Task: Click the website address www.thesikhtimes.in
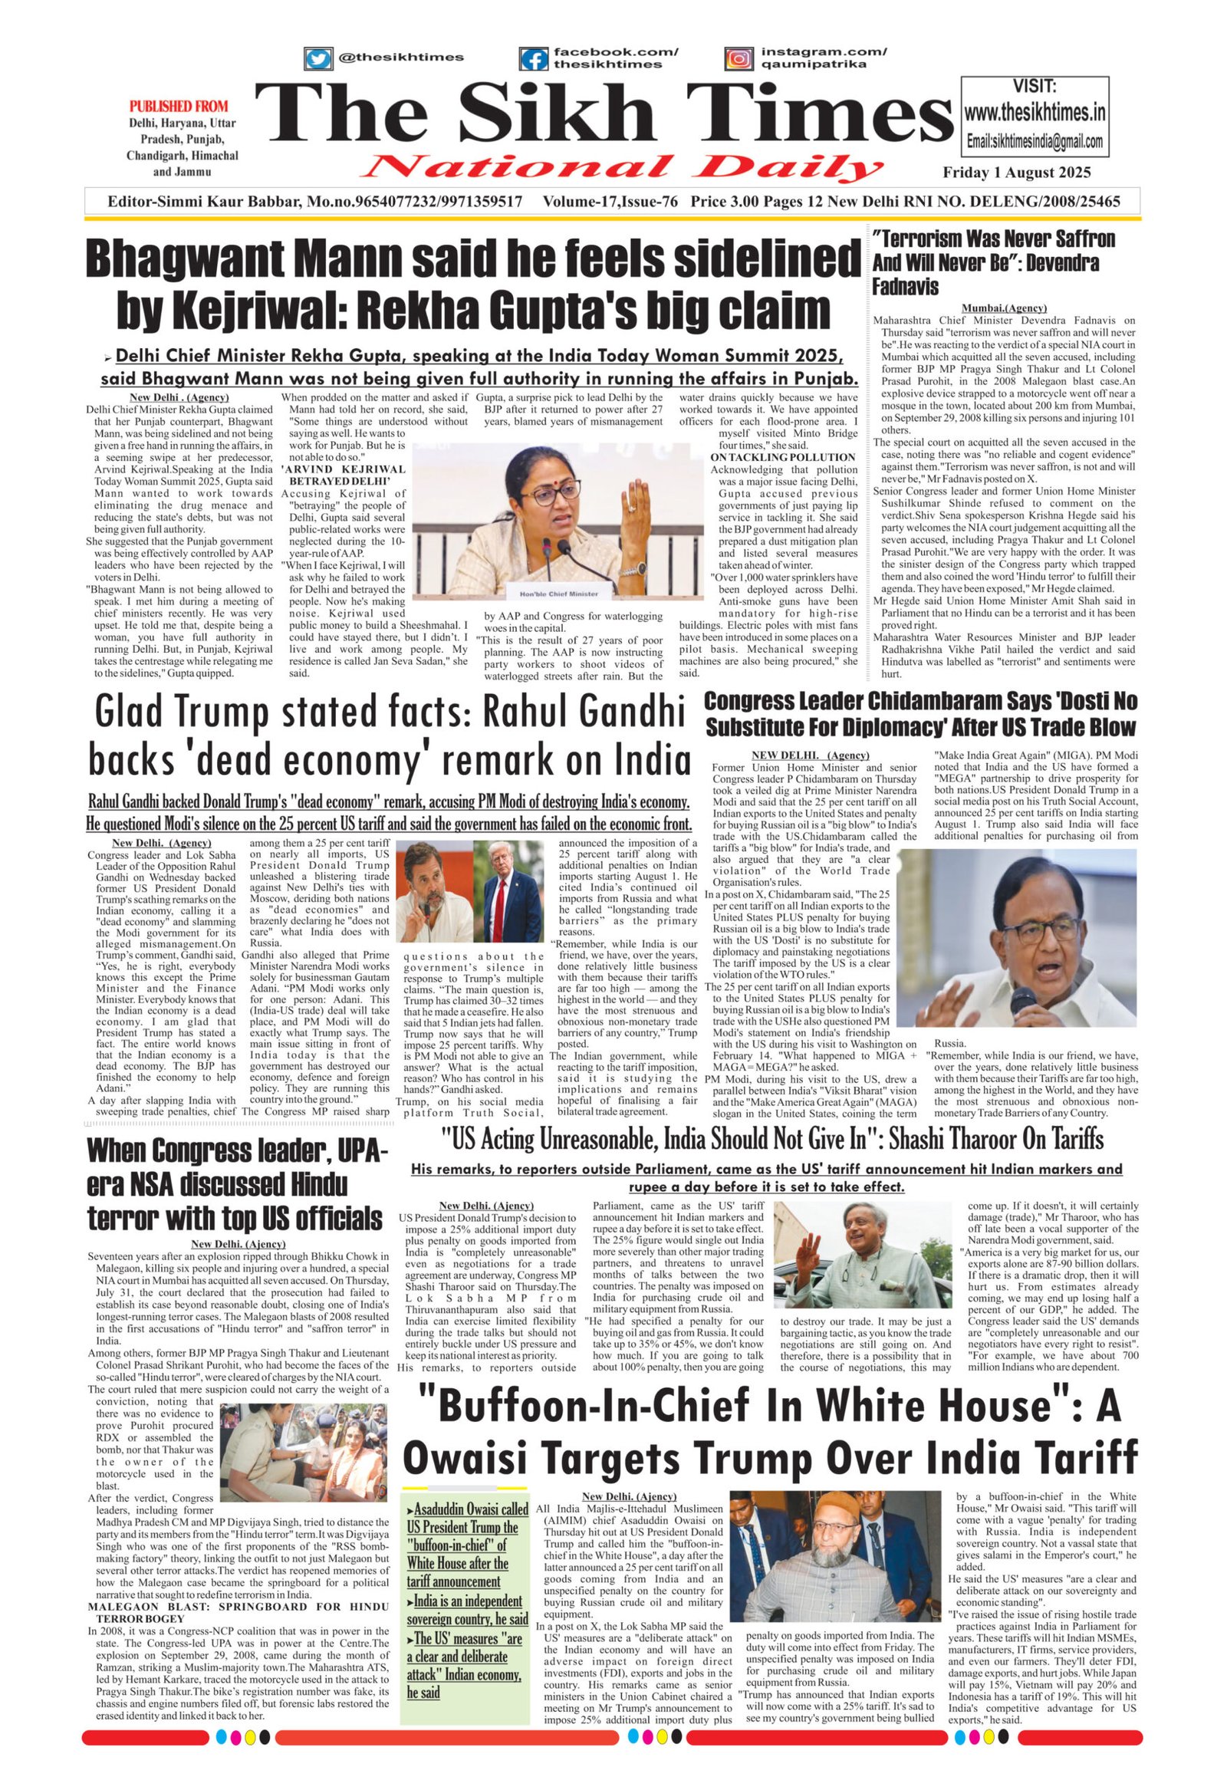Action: coord(1035,114)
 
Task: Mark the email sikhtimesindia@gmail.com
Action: coord(1035,142)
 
